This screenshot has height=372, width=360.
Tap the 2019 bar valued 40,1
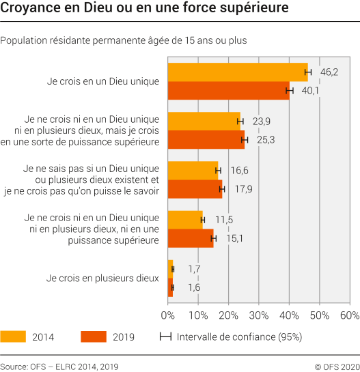tap(228, 91)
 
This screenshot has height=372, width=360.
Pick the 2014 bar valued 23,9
tap(204, 121)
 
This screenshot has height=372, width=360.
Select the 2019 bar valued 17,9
tap(195, 189)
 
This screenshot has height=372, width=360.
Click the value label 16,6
tap(234, 171)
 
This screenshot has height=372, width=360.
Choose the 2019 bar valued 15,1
tap(191, 238)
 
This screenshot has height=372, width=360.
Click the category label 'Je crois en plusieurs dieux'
tap(102, 278)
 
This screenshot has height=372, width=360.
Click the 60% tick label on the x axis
tap(349, 315)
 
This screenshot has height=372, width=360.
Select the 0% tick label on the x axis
tap(168, 315)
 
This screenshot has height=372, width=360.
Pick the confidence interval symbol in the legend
tap(165, 337)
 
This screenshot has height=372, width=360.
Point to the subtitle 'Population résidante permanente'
tap(75, 40)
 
